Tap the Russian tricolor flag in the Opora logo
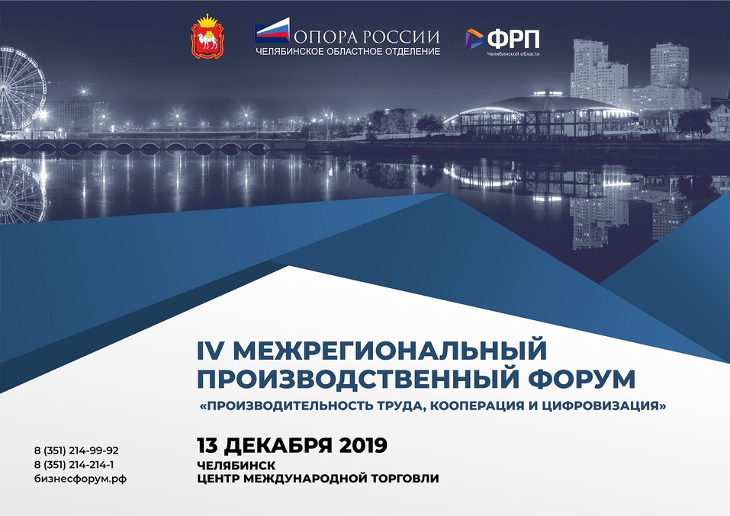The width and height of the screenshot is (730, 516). click(x=272, y=33)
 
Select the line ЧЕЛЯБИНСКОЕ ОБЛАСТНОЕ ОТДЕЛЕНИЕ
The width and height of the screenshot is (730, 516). click(x=348, y=52)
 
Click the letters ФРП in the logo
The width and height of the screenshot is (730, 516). click(x=513, y=38)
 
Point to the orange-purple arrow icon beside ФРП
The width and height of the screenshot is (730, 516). click(x=474, y=38)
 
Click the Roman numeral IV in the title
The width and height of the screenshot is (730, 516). click(x=208, y=351)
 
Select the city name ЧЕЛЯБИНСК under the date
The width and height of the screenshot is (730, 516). click(x=236, y=464)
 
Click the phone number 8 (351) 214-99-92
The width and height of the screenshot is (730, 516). click(x=76, y=450)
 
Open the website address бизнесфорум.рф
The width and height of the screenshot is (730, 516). click(x=80, y=478)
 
